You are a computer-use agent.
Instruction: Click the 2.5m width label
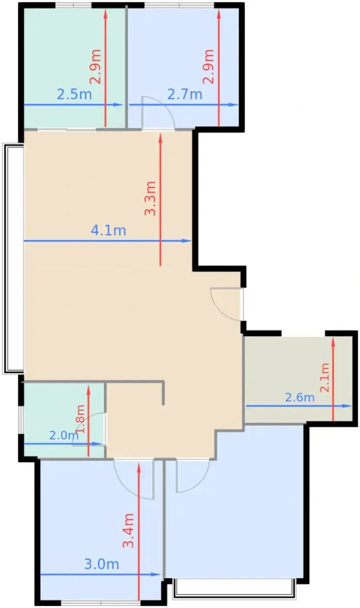coord(74,95)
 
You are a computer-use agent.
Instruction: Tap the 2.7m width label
coord(185,95)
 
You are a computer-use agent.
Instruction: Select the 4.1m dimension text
coord(108,231)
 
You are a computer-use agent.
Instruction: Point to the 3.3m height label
coord(150,198)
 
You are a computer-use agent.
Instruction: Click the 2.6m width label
coord(300,398)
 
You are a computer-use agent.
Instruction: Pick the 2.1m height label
coord(325,377)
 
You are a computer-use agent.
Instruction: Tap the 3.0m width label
coord(102,564)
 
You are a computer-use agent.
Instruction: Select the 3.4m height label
coord(129,531)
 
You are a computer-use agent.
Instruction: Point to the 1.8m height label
coord(81,419)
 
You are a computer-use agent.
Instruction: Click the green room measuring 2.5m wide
coord(74,68)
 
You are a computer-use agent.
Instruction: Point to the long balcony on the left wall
coord(13,259)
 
